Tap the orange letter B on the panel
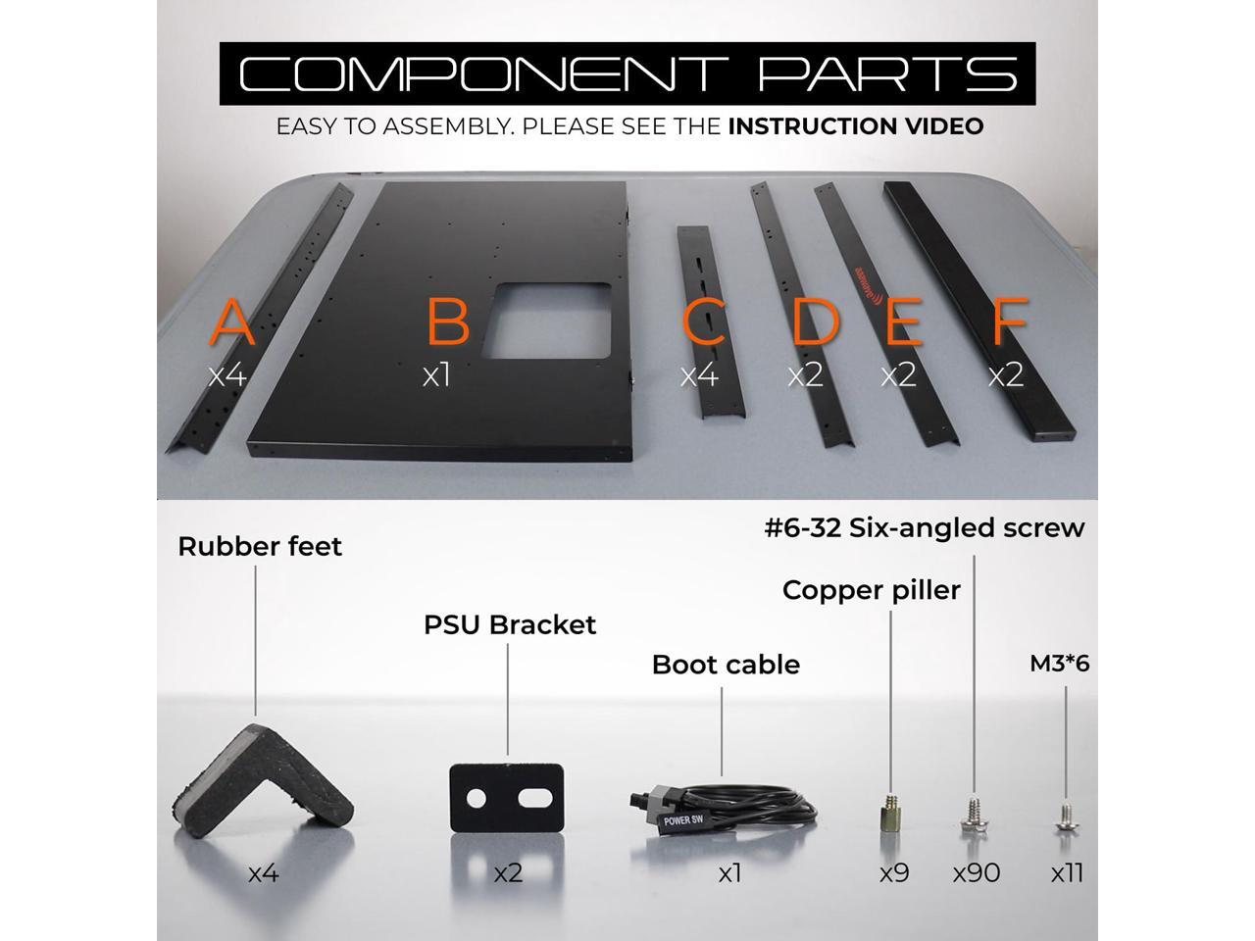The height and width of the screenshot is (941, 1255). point(448,322)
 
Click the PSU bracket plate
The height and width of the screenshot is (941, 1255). point(506,799)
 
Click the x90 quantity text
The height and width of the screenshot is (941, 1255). point(977,872)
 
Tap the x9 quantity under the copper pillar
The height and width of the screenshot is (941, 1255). point(893,872)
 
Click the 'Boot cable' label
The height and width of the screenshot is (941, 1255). point(726,665)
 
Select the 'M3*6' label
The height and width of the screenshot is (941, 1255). point(1059,664)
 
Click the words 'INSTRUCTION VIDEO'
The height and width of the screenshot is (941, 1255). point(855,126)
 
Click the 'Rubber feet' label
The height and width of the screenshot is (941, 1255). point(260,546)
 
